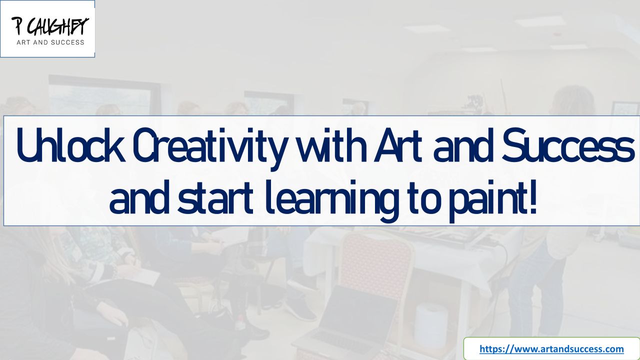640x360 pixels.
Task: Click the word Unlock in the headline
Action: click(x=71, y=145)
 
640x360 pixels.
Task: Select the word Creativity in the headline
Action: click(x=209, y=149)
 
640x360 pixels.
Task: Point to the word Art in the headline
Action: click(x=398, y=145)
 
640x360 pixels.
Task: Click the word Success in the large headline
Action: click(x=567, y=145)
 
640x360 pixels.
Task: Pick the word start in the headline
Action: click(x=215, y=197)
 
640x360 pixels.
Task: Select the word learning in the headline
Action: click(x=331, y=201)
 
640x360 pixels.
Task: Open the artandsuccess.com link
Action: click(x=551, y=349)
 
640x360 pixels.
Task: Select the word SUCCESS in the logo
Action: click(x=67, y=42)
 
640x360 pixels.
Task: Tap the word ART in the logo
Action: click(x=23, y=42)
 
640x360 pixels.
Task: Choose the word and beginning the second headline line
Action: click(x=138, y=197)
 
